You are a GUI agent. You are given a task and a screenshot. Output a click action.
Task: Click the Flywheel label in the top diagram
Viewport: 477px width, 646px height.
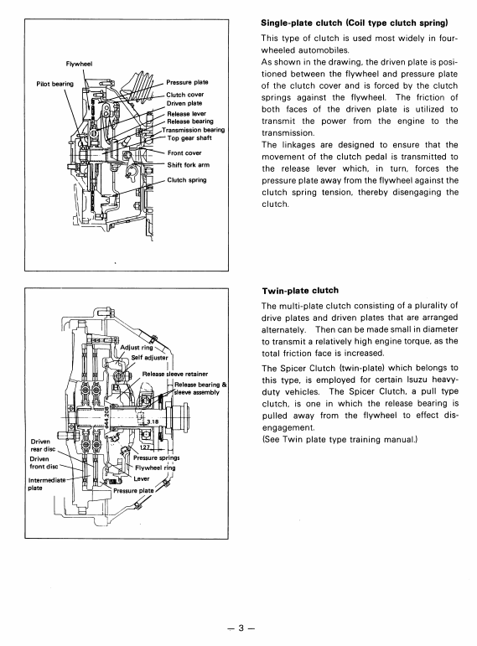pos(79,64)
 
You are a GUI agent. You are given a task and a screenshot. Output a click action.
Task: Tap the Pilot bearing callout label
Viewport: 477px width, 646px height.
pos(54,84)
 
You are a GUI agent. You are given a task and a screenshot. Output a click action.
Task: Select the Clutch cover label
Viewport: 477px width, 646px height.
pos(185,95)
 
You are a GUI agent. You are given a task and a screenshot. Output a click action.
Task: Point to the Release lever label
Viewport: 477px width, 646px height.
pos(187,114)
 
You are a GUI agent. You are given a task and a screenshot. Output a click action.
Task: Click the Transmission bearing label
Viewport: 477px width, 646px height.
pos(194,130)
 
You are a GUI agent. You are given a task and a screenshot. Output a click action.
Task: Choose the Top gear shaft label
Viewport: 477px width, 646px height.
pos(189,138)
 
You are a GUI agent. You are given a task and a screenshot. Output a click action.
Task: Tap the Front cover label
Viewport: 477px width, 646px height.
pos(184,152)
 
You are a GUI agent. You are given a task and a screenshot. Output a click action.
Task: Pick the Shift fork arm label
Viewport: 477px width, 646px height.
pos(189,165)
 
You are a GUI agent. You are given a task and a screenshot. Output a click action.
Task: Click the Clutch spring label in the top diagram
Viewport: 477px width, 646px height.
pos(187,180)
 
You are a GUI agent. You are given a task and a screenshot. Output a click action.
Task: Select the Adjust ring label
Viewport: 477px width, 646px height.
pos(137,348)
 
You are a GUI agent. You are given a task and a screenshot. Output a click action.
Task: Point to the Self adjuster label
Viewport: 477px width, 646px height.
pos(150,358)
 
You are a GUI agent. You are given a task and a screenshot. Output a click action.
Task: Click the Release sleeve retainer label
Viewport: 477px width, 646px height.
pos(175,374)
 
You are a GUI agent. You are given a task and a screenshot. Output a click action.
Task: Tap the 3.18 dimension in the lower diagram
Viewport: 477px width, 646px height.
pos(153,422)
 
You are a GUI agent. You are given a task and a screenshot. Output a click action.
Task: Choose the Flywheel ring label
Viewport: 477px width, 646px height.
pos(155,468)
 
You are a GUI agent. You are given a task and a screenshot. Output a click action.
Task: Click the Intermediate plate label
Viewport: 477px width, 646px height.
pos(47,484)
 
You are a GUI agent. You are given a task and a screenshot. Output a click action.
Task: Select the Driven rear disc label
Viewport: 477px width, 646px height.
pos(43,446)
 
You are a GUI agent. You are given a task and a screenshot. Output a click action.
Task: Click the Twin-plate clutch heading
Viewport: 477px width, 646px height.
pos(300,291)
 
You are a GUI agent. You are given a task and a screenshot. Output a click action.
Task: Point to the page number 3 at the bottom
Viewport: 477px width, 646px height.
pos(241,628)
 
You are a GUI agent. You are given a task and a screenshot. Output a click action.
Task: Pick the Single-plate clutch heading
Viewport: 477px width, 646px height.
pos(355,23)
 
